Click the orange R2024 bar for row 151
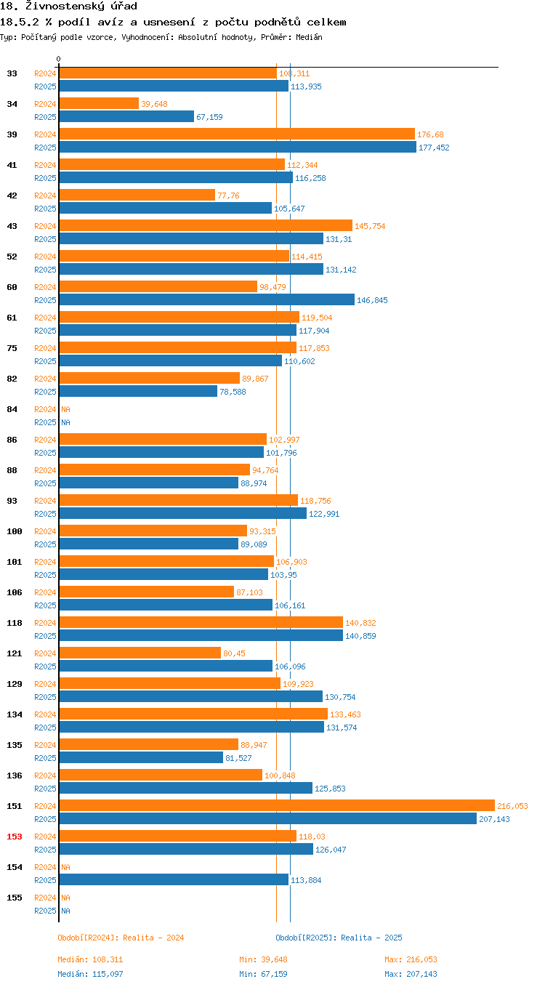pos(276,805)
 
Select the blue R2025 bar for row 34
pos(126,116)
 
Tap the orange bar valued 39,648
pos(98,103)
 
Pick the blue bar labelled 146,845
pos(206,299)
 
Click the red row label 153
pos(15,837)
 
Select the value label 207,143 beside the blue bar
pos(494,819)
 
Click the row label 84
pos(12,409)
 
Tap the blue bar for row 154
pos(173,879)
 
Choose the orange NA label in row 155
pos(65,898)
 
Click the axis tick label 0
pos(58,60)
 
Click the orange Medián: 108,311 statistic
pos(91,959)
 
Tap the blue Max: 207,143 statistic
pos(411,974)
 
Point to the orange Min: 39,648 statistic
pos(263,959)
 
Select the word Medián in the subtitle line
pos(310,36)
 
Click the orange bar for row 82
pos(149,378)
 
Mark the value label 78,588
pos(233,392)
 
